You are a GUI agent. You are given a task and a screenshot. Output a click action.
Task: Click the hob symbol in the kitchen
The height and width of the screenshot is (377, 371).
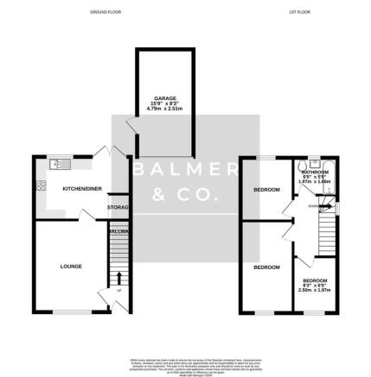point(40,185)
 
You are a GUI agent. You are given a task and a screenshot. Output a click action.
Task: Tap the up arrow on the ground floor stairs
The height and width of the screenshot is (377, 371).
point(119,279)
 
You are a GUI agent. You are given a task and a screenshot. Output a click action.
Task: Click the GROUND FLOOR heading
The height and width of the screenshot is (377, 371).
point(107,12)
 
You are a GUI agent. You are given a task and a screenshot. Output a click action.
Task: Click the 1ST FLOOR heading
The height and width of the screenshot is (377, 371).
point(299,12)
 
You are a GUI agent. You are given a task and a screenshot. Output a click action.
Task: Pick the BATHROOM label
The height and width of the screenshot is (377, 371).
point(316,172)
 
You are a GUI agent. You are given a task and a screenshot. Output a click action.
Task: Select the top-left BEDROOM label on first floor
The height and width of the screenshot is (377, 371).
point(265,189)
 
